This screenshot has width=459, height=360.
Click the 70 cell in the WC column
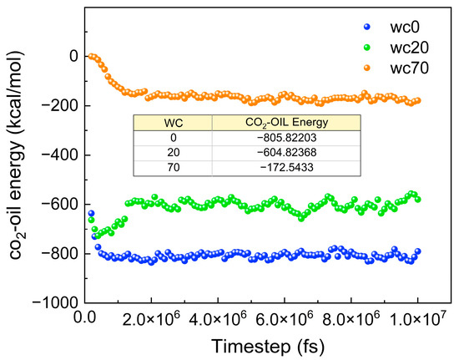coord(174,168)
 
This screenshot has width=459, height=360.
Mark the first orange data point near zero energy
coord(90,56)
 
